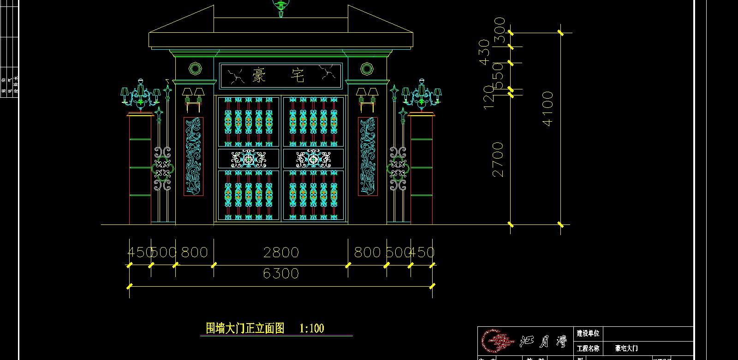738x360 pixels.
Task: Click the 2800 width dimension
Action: click(281, 253)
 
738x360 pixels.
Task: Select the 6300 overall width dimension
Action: click(281, 274)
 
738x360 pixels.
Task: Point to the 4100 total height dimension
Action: click(548, 109)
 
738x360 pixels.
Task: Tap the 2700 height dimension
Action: click(498, 159)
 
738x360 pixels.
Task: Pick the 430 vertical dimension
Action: click(484, 52)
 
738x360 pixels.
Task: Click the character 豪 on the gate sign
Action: click(259, 75)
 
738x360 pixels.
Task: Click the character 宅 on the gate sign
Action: click(298, 75)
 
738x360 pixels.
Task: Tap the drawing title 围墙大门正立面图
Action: click(245, 329)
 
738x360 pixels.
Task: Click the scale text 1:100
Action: click(312, 329)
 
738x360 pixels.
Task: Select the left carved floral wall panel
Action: click(193, 156)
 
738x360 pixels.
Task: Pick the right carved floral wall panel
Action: click(368, 156)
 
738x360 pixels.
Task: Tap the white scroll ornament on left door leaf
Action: click(249, 159)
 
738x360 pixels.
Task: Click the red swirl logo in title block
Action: click(497, 342)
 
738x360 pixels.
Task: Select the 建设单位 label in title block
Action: click(588, 333)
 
